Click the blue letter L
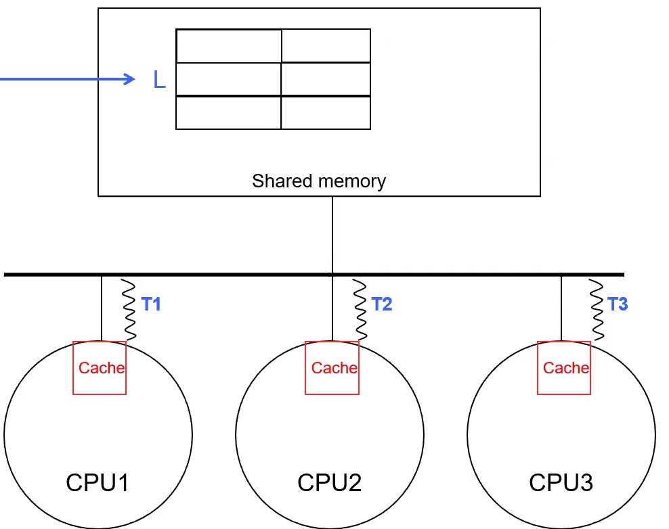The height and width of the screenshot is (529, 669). tap(159, 80)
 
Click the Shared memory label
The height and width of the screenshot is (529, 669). tap(319, 181)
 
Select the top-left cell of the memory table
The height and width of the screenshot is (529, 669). tap(228, 46)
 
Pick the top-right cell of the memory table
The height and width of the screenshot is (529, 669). tap(326, 46)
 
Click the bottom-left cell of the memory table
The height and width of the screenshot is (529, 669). tap(228, 112)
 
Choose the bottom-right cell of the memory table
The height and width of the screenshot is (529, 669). tap(326, 112)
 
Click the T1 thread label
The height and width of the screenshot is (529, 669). tap(151, 304)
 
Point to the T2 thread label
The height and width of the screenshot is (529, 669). tap(382, 304)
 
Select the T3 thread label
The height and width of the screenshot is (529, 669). tap(618, 304)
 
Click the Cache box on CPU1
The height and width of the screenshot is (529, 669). tap(100, 368)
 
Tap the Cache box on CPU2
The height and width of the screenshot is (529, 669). tap(332, 368)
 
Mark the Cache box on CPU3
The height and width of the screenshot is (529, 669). tap(564, 368)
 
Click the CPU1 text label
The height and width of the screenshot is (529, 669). tap(98, 483)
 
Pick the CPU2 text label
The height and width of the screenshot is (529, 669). tap(330, 483)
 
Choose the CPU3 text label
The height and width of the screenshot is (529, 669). tap(561, 483)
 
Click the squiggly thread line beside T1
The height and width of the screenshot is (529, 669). tap(129, 309)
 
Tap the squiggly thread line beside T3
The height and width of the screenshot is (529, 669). tap(597, 309)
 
